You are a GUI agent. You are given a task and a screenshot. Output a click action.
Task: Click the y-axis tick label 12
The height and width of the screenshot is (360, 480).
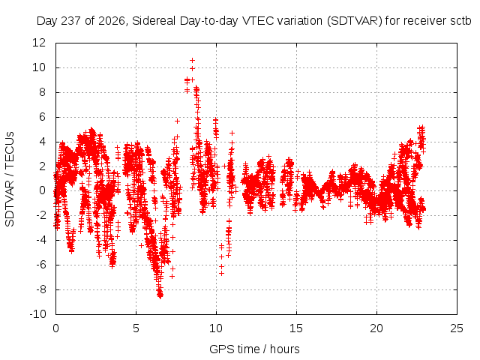click(39, 43)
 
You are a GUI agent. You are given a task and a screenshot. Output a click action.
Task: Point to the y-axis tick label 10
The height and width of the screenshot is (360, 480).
click(39, 67)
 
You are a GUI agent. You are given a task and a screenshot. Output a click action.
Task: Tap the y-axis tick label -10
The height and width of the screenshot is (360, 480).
click(37, 314)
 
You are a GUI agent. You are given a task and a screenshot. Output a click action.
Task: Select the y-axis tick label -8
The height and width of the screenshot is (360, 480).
click(40, 289)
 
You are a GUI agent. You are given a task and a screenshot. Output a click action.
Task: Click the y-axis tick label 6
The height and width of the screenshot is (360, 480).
click(42, 117)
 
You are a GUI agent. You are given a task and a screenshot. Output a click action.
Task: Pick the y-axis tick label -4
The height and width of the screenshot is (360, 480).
click(40, 240)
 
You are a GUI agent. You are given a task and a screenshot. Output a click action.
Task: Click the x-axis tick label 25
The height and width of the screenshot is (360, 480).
click(457, 328)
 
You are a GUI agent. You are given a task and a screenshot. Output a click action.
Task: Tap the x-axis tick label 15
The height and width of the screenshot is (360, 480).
click(296, 328)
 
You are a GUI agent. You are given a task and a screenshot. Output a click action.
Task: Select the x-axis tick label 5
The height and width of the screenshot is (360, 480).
click(136, 328)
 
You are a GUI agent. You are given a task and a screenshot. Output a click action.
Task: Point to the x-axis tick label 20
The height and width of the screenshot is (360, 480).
click(376, 328)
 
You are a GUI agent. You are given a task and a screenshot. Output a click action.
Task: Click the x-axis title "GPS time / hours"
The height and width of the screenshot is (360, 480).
click(254, 349)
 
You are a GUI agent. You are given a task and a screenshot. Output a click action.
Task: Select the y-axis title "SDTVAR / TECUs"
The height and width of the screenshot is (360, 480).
click(10, 179)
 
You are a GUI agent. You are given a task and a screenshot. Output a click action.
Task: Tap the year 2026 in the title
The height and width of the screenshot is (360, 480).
click(112, 21)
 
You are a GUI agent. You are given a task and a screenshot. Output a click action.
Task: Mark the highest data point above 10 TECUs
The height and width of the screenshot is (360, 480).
click(192, 60)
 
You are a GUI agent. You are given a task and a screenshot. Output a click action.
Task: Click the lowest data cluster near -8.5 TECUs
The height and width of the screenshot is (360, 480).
click(160, 295)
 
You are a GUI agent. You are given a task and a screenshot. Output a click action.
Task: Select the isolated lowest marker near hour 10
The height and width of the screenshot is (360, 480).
click(221, 273)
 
